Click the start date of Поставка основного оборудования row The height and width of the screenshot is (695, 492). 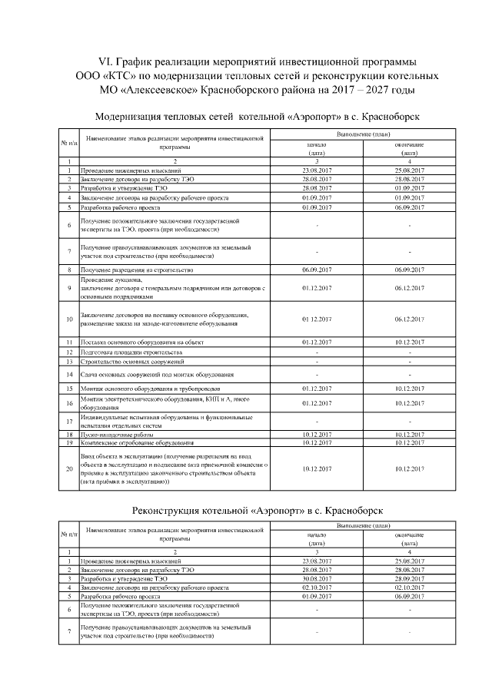(317, 342)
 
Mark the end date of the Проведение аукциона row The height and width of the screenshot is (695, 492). (409, 288)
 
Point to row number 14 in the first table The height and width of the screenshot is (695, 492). (69, 375)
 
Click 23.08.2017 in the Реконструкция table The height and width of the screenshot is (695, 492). (317, 561)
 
